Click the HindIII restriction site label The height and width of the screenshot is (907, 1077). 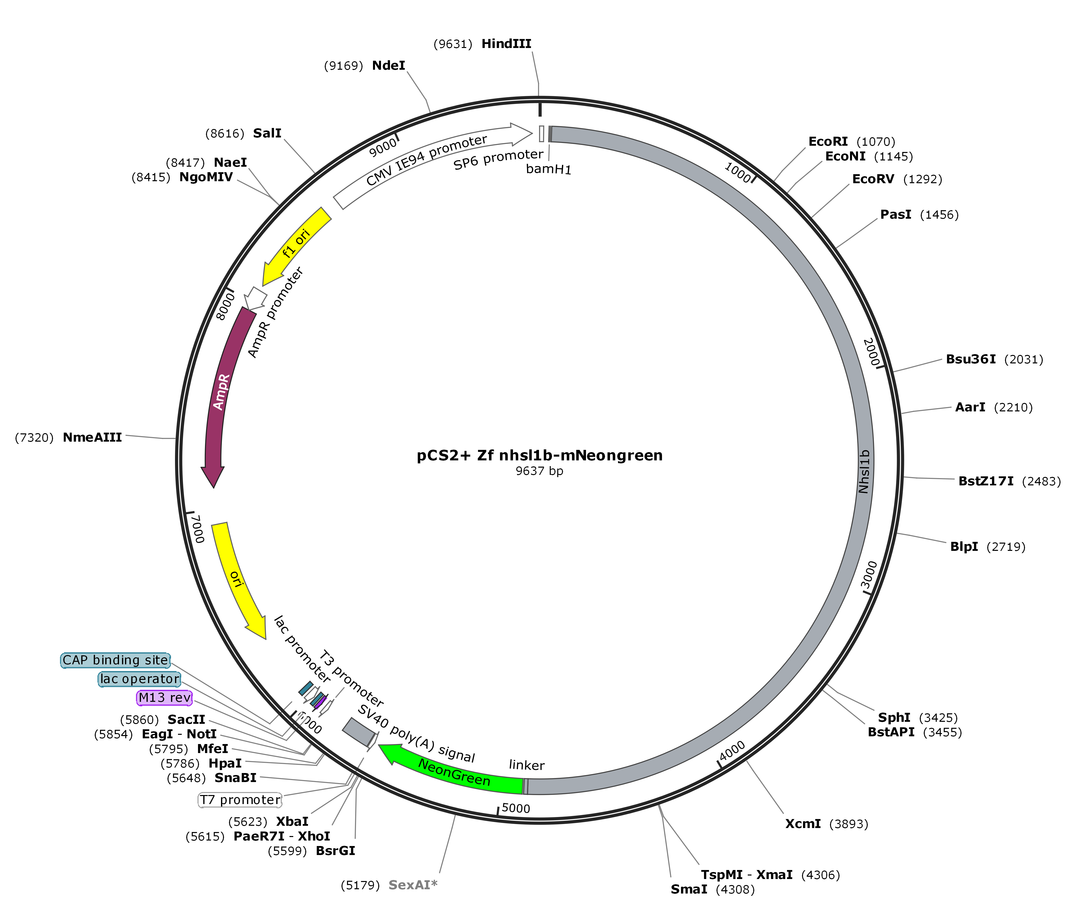(x=506, y=44)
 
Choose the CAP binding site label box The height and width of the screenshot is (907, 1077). (x=115, y=660)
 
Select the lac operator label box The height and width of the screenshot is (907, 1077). (x=139, y=679)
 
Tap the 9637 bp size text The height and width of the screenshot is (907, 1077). (x=539, y=471)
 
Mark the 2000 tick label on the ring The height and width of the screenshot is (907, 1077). (x=870, y=352)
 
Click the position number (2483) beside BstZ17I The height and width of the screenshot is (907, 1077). (x=1041, y=481)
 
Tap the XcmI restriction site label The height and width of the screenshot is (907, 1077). (x=803, y=824)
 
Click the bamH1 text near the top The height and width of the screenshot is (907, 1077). (x=549, y=169)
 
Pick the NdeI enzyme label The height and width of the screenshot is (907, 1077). (x=388, y=65)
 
